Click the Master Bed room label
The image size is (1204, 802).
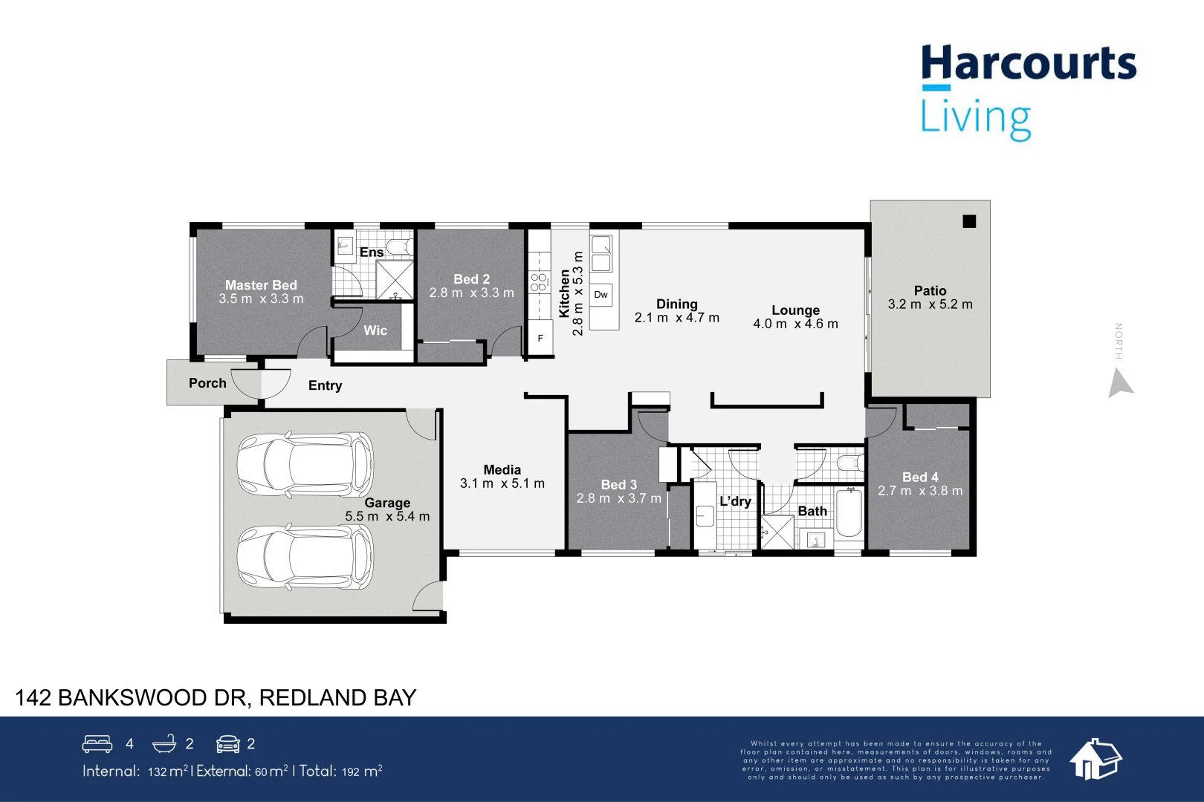(x=261, y=285)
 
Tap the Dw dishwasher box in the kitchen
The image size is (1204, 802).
(x=601, y=295)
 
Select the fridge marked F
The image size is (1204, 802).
(x=540, y=339)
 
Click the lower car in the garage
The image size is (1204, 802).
(x=305, y=557)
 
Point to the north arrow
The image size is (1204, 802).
(x=1120, y=384)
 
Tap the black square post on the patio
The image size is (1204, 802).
(x=969, y=221)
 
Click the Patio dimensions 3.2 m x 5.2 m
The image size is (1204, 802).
(x=930, y=304)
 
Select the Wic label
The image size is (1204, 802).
(x=375, y=330)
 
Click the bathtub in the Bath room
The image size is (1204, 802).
(x=849, y=513)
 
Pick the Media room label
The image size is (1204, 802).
(x=502, y=470)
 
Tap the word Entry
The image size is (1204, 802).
(x=326, y=385)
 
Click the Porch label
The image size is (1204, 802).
(x=207, y=383)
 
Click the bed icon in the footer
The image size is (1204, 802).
(x=97, y=743)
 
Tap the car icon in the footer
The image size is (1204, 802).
(x=228, y=743)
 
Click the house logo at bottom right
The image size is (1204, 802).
(x=1095, y=759)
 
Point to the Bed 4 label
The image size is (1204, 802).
(x=920, y=477)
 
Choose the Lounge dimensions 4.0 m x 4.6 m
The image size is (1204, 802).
(x=795, y=324)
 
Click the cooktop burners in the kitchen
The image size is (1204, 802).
(x=538, y=282)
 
